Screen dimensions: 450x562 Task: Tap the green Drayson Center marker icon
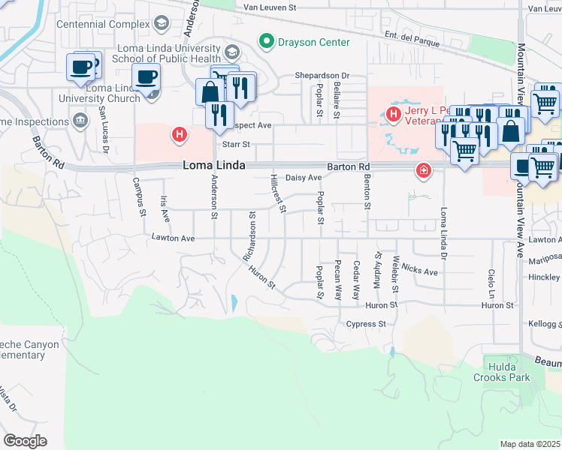point(265,41)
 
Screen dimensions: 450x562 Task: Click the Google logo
point(24,441)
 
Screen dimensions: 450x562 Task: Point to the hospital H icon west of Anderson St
point(180,135)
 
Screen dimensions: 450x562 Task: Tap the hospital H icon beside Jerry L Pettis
point(392,114)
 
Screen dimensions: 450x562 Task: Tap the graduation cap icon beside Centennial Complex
point(161,24)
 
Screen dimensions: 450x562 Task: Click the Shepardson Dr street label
point(322,75)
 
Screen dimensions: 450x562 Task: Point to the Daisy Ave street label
point(304,178)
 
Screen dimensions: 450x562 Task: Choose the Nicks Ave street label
point(419,270)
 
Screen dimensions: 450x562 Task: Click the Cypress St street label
point(365,324)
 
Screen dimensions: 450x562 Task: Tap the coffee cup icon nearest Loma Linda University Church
point(147,76)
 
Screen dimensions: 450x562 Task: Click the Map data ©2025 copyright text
point(530,444)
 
